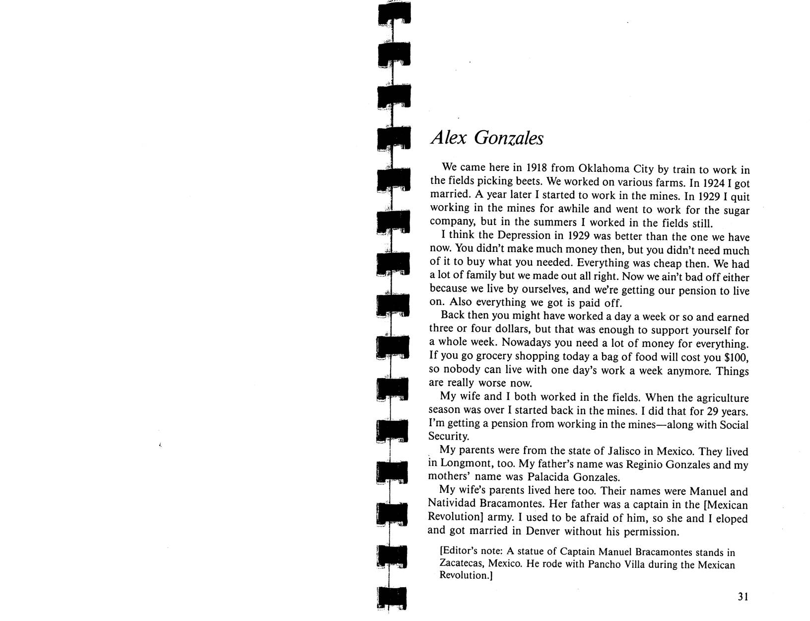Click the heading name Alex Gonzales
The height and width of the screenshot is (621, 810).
coord(486,138)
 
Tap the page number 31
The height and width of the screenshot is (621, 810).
coord(742,597)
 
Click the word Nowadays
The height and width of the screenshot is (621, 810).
coord(528,343)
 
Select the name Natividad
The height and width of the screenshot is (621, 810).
coord(450,505)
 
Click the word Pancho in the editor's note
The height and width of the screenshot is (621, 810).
coord(605,565)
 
